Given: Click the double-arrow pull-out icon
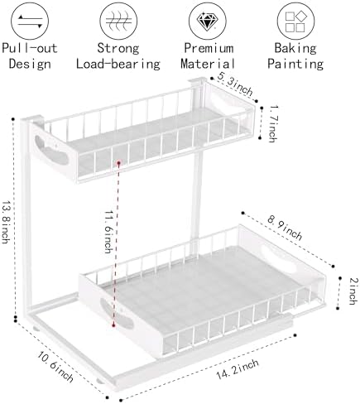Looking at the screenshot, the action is [30, 21].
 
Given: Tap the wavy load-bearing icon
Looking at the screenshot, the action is [118, 21].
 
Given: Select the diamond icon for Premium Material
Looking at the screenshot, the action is [208, 21].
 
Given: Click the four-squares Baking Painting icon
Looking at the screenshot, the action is [296, 21].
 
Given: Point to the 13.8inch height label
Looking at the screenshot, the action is [6, 222].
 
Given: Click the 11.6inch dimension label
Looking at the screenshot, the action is [108, 232].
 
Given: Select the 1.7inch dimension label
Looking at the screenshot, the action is [273, 123].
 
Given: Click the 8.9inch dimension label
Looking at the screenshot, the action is [285, 228].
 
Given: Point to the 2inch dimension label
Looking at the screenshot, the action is [353, 291].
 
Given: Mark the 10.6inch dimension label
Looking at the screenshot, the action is [55, 367].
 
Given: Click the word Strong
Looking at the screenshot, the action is [118, 48].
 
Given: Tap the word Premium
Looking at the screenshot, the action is [209, 48].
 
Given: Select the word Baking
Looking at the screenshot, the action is [295, 48].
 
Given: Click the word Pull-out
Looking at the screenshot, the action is [30, 48].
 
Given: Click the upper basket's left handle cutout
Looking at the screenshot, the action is [51, 151].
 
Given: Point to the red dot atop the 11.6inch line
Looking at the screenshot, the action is [118, 163].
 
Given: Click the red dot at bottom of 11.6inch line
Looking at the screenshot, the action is [113, 325].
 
